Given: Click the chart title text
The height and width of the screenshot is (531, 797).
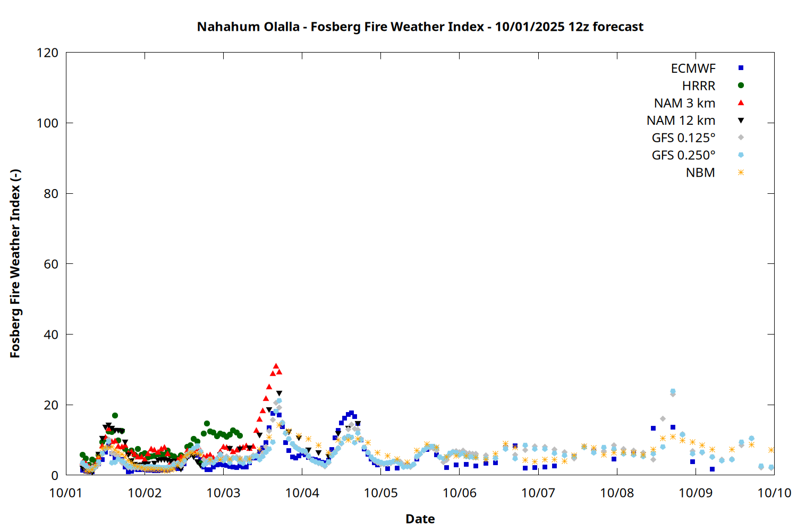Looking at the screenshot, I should pos(420,27).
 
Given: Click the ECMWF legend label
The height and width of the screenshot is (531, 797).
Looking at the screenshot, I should pos(693,68).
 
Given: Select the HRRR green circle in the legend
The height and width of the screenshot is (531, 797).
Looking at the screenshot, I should pos(741,85).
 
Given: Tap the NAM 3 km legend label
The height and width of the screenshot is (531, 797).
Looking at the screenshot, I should pos(684,103).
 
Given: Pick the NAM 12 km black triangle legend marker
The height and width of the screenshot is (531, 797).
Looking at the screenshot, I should pos(741,121).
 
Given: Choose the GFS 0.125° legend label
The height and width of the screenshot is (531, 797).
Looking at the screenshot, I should pos(683,138).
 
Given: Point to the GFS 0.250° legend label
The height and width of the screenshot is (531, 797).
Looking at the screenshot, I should pos(683,156).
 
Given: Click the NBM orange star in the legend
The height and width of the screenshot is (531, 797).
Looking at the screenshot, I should pos(741,173).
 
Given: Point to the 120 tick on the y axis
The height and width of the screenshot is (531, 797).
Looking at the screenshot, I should pos(48,53).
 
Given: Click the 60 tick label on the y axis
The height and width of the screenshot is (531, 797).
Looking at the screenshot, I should pos(51,264).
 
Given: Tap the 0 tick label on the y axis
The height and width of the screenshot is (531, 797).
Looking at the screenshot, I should pos(55,475).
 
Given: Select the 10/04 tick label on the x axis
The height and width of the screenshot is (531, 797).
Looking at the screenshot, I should pos(302,493).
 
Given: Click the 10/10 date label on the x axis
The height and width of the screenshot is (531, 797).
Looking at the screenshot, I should pos(774,493).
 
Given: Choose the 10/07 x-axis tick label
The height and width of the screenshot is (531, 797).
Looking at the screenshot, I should pos(538,493).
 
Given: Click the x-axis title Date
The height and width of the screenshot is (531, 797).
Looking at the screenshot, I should pos(420,519).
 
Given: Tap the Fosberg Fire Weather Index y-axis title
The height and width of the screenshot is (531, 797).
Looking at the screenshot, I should pos(15,264).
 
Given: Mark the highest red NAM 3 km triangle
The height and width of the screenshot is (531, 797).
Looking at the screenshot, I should pos(276,366).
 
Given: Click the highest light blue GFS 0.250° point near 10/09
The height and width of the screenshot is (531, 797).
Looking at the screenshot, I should pos(673,391).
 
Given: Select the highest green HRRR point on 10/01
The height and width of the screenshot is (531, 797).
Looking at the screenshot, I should pos(115,415).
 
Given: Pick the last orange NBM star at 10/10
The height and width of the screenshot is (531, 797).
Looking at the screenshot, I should pos(771,450).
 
